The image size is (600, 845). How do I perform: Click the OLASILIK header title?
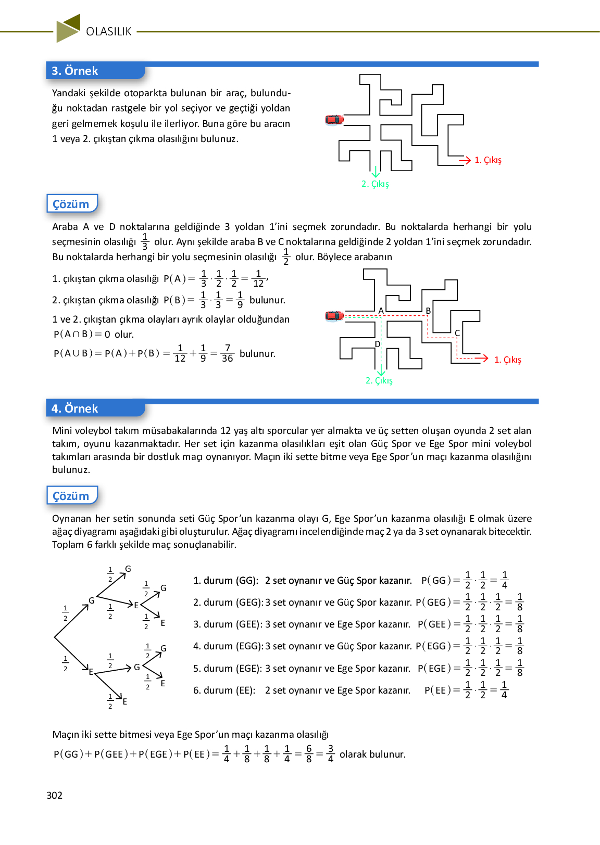tap(109, 32)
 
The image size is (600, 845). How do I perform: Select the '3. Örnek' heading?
tap(75, 71)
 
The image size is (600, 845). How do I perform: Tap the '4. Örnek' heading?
tap(75, 408)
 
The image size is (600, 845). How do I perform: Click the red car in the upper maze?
tap(334, 120)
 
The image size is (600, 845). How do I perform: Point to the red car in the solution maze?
tap(334, 315)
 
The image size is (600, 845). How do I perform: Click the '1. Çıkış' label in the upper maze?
tap(488, 160)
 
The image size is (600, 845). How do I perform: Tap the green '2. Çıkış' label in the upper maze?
tap(375, 184)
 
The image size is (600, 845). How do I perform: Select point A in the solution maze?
tap(381, 311)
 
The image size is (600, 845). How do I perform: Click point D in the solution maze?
tap(378, 344)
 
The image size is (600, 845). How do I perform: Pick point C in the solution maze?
tap(457, 333)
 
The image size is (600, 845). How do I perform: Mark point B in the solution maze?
tap(428, 311)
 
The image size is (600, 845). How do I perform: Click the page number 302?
tap(55, 795)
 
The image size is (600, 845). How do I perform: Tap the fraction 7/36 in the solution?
tap(227, 353)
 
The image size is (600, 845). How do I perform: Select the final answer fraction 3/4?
tap(330, 754)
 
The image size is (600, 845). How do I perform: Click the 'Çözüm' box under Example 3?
tap(71, 204)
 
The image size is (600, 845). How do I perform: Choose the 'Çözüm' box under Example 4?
tap(71, 496)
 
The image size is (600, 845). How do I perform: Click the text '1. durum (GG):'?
tap(226, 581)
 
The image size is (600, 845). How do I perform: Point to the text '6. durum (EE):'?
tap(224, 690)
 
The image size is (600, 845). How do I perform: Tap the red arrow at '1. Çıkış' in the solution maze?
tap(482, 358)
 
